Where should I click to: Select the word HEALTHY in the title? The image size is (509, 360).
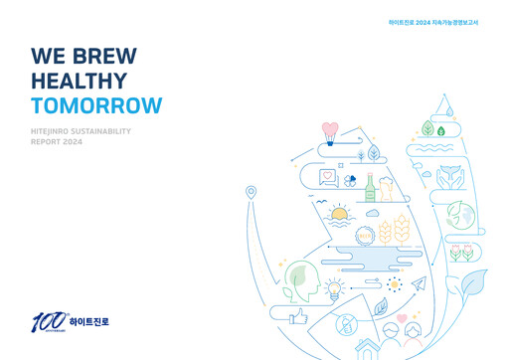click(x=79, y=82)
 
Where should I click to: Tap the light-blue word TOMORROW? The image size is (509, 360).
click(x=95, y=106)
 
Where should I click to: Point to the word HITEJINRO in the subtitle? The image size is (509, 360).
click(x=57, y=131)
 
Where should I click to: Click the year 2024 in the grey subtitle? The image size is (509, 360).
click(x=73, y=142)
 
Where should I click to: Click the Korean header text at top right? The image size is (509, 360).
click(x=432, y=22)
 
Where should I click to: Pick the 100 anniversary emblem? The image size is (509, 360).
click(x=47, y=321)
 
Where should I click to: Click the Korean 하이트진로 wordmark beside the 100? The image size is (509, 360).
click(x=89, y=322)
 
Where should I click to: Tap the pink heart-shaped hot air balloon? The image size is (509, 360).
click(x=331, y=129)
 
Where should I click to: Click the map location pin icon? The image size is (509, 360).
click(x=252, y=192)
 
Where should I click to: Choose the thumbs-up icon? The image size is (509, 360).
click(x=296, y=316)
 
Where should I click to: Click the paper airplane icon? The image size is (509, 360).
click(x=419, y=284)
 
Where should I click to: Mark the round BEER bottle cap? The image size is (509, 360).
click(x=364, y=236)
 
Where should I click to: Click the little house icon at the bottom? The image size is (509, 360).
click(x=368, y=347)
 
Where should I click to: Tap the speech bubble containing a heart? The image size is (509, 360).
click(x=328, y=177)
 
